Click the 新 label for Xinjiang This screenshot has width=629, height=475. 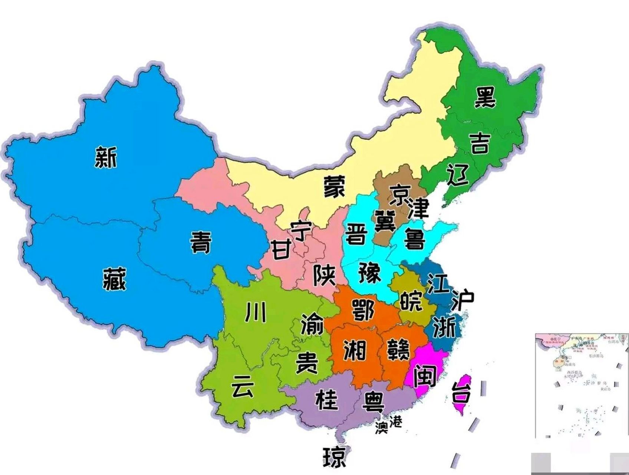(x=106, y=157)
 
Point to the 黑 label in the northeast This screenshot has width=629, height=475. (x=485, y=98)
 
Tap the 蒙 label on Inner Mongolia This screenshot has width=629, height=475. (x=334, y=186)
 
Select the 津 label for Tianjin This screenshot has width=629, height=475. (x=418, y=209)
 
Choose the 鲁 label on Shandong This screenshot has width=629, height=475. (x=414, y=239)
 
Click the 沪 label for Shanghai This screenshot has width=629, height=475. (x=462, y=300)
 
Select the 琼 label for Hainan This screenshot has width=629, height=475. (x=335, y=457)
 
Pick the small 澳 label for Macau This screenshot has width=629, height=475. (x=381, y=428)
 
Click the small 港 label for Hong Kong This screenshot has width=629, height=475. (x=395, y=421)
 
